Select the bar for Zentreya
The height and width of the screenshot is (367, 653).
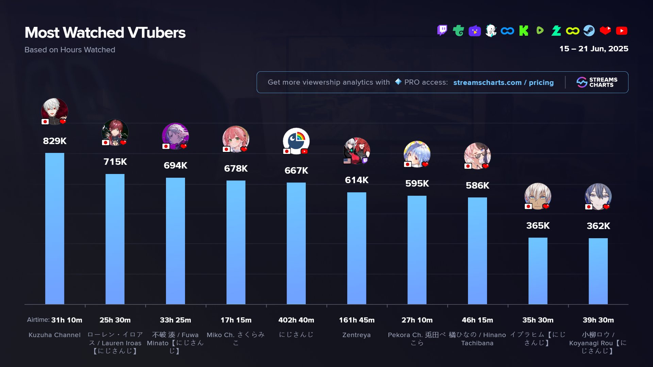pyautogui.click(x=356, y=248)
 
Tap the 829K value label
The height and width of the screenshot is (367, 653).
pyautogui.click(x=54, y=141)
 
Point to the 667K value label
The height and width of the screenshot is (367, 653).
pyautogui.click(x=296, y=171)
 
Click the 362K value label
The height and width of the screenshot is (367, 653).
pyautogui.click(x=598, y=226)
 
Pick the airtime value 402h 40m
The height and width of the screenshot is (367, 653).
pyautogui.click(x=296, y=320)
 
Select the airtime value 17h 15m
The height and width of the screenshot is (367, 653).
pyautogui.click(x=236, y=320)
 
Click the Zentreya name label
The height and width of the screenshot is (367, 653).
pyautogui.click(x=356, y=335)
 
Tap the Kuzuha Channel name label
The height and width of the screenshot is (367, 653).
pyautogui.click(x=54, y=335)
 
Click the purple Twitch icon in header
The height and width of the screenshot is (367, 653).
pyautogui.click(x=442, y=31)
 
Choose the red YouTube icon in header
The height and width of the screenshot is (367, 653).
pyautogui.click(x=621, y=31)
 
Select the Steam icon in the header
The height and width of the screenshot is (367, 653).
pyautogui.click(x=589, y=31)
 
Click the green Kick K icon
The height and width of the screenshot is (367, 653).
pyautogui.click(x=524, y=31)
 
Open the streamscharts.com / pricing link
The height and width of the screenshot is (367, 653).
pyautogui.click(x=503, y=83)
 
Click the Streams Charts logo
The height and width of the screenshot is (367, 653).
pyautogui.click(x=597, y=82)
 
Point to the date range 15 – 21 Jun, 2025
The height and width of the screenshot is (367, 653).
pyautogui.click(x=593, y=49)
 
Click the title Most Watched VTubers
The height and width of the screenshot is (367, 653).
pyautogui.click(x=105, y=33)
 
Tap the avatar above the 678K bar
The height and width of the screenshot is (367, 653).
pyautogui.click(x=236, y=139)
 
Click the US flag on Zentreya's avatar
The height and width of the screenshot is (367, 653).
pyautogui.click(x=347, y=161)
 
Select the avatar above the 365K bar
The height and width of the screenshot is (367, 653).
pyautogui.click(x=538, y=196)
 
